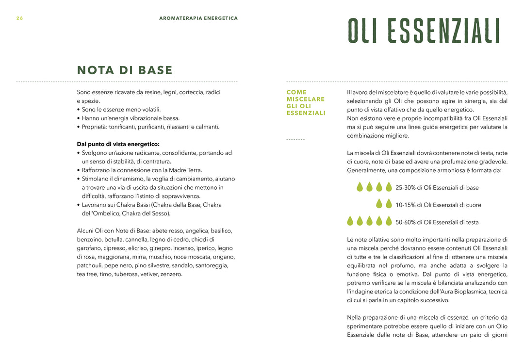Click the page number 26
[19, 18]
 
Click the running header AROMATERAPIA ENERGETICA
[198, 18]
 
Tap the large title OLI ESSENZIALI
[424, 31]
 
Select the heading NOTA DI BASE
[125, 70]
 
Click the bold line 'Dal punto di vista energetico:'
[118, 144]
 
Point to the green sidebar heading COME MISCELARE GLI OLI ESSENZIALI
[306, 102]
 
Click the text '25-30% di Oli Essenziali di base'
[437, 188]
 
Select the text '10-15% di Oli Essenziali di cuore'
[438, 205]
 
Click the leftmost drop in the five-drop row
[350, 221]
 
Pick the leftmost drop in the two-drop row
[379, 204]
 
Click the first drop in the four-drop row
[360, 187]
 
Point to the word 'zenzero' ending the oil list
[172, 274]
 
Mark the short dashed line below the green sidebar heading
[295, 139]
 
